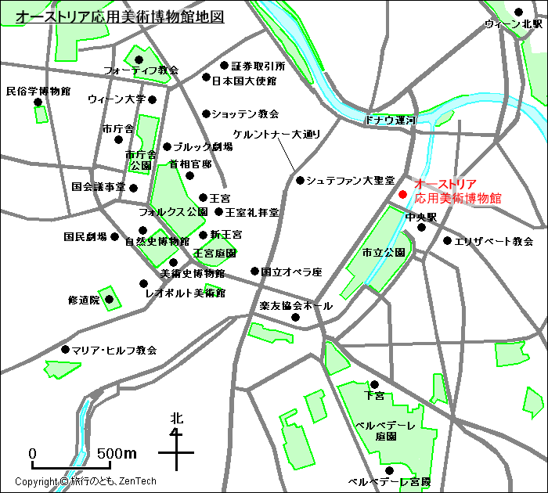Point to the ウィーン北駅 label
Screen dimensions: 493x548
point(513,24)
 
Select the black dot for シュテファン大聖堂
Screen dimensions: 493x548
point(300,181)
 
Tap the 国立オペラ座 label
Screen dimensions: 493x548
point(291,272)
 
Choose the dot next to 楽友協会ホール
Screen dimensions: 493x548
point(296,317)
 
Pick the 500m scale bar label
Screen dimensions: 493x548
point(117,454)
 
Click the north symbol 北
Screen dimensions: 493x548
point(177,419)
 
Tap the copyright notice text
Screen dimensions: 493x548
point(86,481)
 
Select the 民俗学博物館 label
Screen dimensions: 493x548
point(38,91)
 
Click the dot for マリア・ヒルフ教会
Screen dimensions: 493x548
point(65,350)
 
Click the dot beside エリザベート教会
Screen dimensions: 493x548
point(447,241)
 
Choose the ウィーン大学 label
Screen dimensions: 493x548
point(117,99)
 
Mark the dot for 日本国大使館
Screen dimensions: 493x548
point(207,77)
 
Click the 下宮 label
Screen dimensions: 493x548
point(374,396)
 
